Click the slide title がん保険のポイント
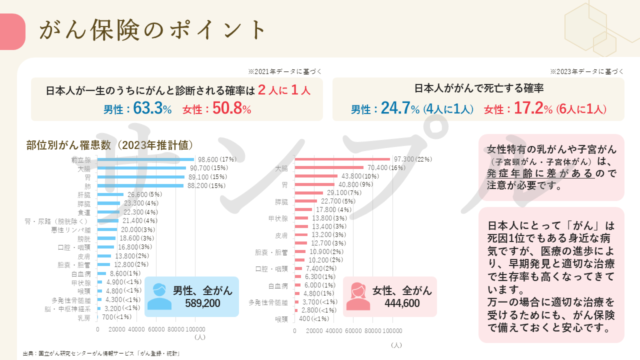click(x=152, y=30)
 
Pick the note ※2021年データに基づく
click(x=284, y=71)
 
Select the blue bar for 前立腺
click(x=145, y=159)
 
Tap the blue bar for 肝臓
click(x=110, y=194)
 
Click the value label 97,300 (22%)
click(x=412, y=159)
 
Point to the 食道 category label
click(x=84, y=212)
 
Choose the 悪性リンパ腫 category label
click(x=70, y=230)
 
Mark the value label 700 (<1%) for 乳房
click(x=116, y=317)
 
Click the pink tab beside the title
click(x=12, y=31)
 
